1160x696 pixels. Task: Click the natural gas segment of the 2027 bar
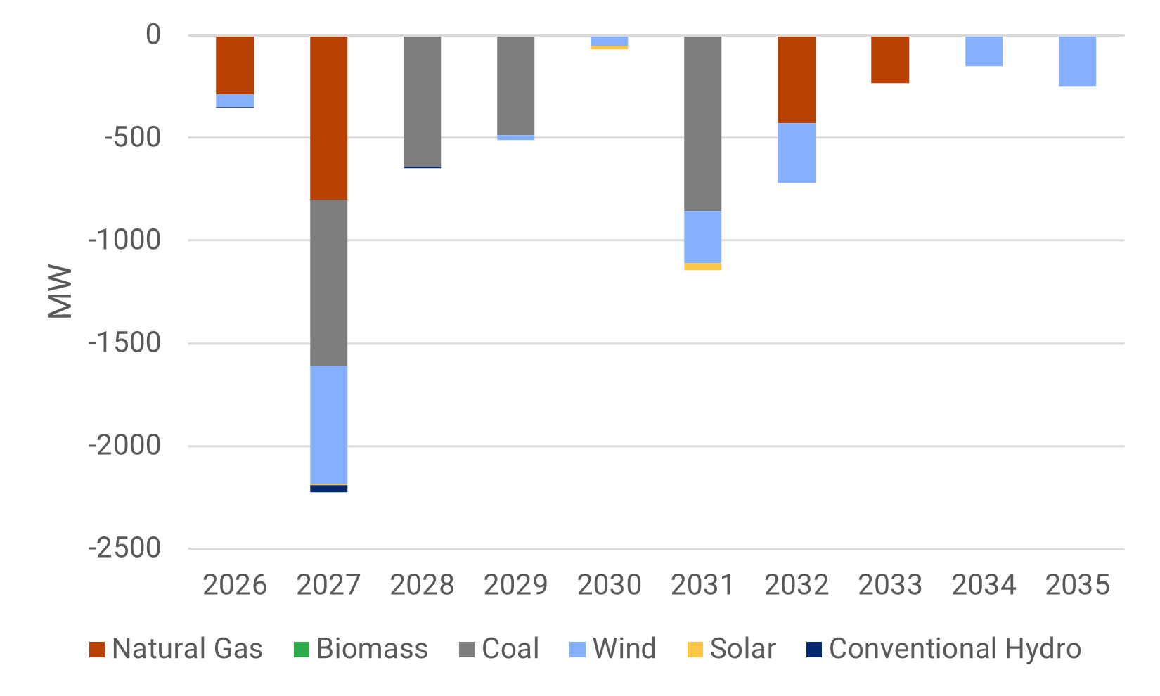pyautogui.click(x=328, y=117)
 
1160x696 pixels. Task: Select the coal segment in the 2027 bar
pyautogui.click(x=328, y=283)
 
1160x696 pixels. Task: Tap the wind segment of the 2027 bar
pyautogui.click(x=328, y=424)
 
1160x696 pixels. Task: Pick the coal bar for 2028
pyautogui.click(x=422, y=101)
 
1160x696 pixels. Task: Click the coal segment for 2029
pyautogui.click(x=515, y=85)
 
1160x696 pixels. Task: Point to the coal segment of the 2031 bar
pyautogui.click(x=702, y=123)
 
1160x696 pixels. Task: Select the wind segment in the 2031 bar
pyautogui.click(x=702, y=236)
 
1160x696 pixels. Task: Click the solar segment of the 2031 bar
pyautogui.click(x=702, y=266)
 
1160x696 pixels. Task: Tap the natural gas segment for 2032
pyautogui.click(x=796, y=79)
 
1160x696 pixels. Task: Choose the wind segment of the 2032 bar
pyautogui.click(x=796, y=153)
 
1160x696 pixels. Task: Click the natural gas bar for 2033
pyautogui.click(x=889, y=59)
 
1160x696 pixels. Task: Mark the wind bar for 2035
pyautogui.click(x=1077, y=61)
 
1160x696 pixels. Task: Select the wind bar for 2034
pyautogui.click(x=984, y=51)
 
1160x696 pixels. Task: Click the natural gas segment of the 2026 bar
pyautogui.click(x=235, y=65)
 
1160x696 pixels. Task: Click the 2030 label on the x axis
pyautogui.click(x=609, y=585)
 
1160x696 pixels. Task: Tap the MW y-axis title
pyautogui.click(x=60, y=291)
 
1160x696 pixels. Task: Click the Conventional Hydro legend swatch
pyautogui.click(x=813, y=650)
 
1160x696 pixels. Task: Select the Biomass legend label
pyautogui.click(x=372, y=649)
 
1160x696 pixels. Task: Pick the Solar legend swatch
pyautogui.click(x=695, y=650)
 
